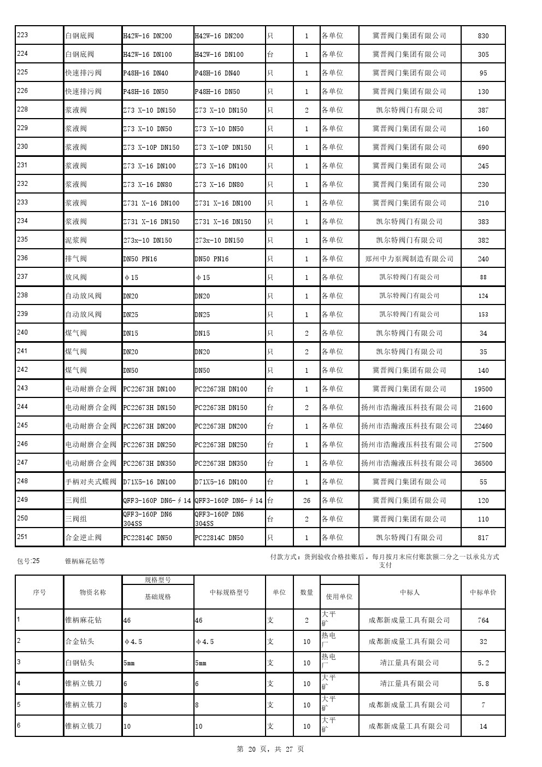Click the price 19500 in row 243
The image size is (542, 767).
483,389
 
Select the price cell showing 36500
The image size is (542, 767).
483,464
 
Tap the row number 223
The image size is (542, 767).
23,36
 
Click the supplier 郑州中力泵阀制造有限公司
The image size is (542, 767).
409,259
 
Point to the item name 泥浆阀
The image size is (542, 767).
76,241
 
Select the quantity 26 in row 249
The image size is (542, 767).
307,501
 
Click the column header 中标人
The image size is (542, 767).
409,592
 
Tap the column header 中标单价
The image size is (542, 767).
483,592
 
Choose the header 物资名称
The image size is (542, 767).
92,592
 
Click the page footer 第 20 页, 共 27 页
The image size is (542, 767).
270,749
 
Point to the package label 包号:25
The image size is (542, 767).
28,561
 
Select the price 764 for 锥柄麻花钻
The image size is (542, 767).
483,620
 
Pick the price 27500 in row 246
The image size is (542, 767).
483,445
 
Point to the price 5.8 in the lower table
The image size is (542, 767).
483,684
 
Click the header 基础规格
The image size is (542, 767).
158,597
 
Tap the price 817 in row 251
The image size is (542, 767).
483,538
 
